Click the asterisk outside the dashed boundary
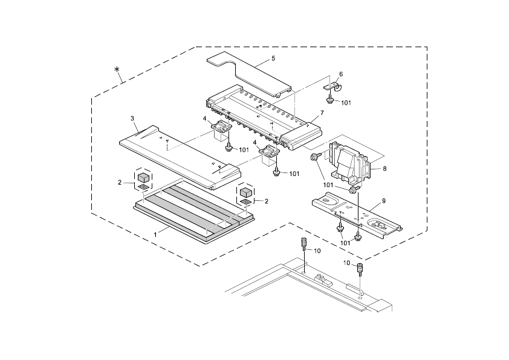(x=118, y=71)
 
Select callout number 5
(x=273, y=58)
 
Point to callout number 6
(x=340, y=74)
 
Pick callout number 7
(x=322, y=113)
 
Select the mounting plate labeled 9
(x=357, y=215)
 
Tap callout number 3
(x=132, y=118)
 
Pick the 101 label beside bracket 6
(x=346, y=103)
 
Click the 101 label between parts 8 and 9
(x=329, y=185)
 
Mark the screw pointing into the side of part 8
(x=315, y=157)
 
